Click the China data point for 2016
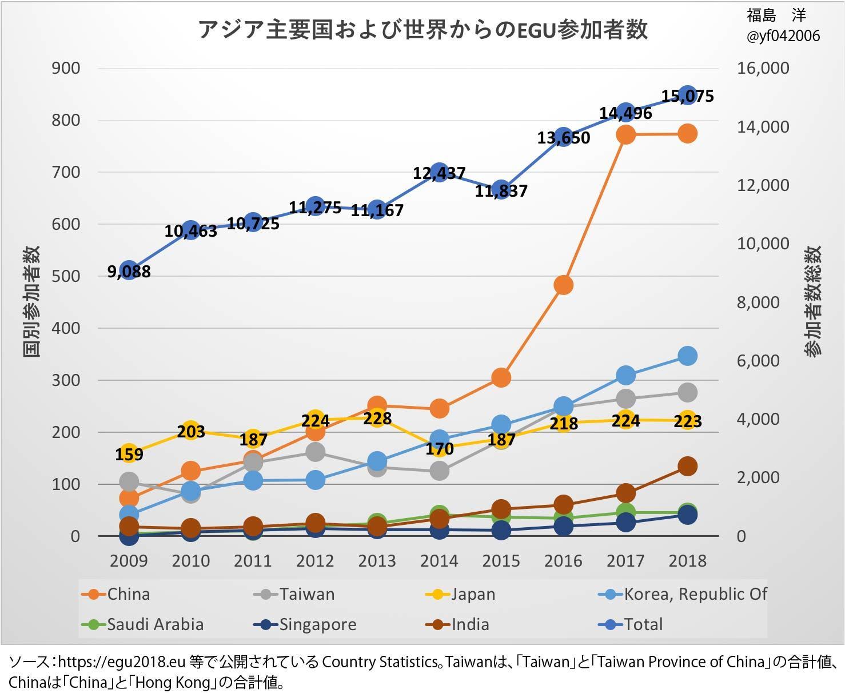(563, 285)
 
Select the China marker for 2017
(625, 134)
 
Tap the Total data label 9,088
(129, 272)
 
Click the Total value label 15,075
(688, 96)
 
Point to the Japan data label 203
(191, 431)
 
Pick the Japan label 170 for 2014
(439, 449)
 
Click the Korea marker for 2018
(687, 356)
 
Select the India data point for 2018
(687, 466)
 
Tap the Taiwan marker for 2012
(315, 452)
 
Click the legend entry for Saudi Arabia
(143, 624)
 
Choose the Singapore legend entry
(306, 624)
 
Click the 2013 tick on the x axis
(377, 561)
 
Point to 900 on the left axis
(66, 68)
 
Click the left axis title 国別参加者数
(31, 301)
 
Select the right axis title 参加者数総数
(813, 301)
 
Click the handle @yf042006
(783, 36)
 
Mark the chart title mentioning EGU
(422, 30)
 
